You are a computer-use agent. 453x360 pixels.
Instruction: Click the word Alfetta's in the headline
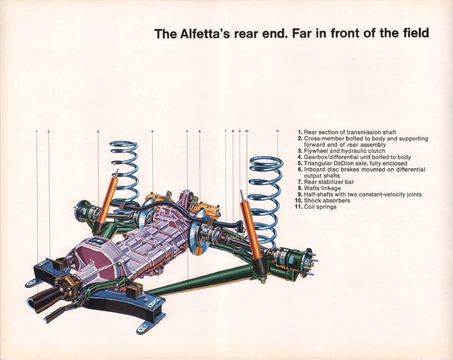205,34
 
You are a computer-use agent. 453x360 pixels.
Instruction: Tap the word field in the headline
416,33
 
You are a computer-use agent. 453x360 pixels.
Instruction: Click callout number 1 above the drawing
36,132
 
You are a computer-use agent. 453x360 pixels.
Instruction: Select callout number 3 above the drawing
98,132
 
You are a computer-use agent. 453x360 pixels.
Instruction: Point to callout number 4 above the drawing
152,132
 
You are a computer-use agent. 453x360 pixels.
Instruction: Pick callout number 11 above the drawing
277,131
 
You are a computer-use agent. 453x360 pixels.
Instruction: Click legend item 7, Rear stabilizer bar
325,182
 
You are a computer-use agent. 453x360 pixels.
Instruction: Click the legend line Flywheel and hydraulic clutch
341,151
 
